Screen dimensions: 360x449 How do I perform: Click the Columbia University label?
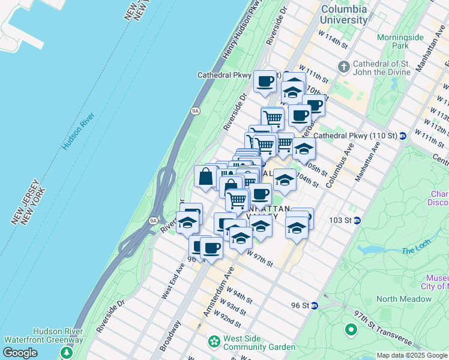pyautogui.click(x=343, y=14)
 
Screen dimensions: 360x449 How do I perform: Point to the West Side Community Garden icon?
pyautogui.click(x=214, y=342)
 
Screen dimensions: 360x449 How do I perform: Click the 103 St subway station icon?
pyautogui.click(x=357, y=220)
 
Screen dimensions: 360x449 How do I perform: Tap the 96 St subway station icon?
pyautogui.click(x=314, y=305)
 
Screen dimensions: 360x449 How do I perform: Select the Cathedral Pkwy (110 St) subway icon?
pyautogui.click(x=403, y=136)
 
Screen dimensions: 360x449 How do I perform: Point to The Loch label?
pyautogui.click(x=412, y=250)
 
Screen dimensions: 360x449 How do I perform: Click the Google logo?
pyautogui.click(x=20, y=353)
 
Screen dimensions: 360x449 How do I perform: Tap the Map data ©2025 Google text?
pyautogui.click(x=411, y=355)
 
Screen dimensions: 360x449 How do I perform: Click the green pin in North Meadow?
pyautogui.click(x=351, y=329)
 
